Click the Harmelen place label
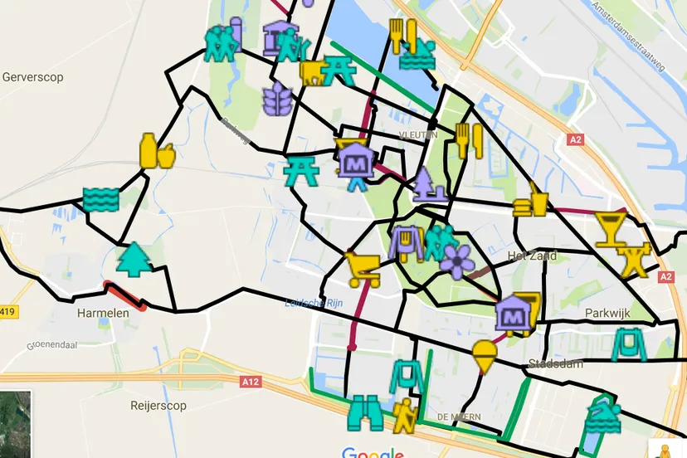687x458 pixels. [x=100, y=314]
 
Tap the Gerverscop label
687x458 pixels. [x=33, y=77]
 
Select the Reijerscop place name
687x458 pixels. [x=158, y=406]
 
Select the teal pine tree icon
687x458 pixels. [x=131, y=259]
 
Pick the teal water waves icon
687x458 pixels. [x=101, y=199]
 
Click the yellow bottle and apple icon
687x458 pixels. [x=156, y=151]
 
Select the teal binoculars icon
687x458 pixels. [x=365, y=412]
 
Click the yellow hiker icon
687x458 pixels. [x=406, y=415]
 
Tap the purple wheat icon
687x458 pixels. [x=276, y=99]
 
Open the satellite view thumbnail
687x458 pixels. [x=15, y=424]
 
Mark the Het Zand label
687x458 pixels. [x=532, y=256]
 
